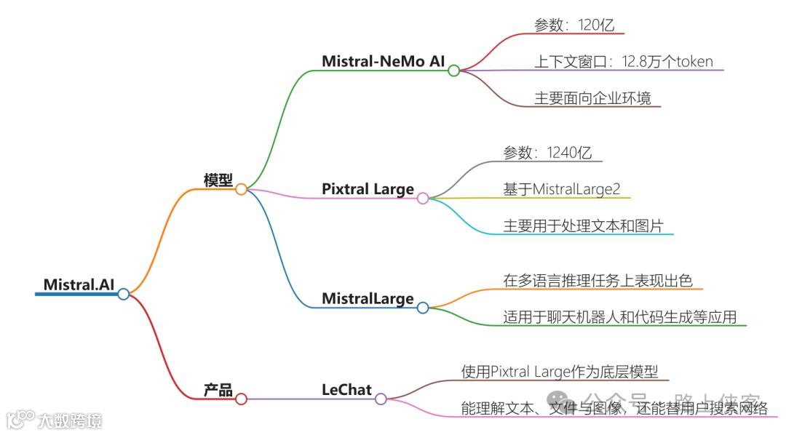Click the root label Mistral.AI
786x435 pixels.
pos(79,284)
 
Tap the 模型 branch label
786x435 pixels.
pos(218,180)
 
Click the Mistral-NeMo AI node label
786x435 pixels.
pos(383,61)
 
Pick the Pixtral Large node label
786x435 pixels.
pos(368,189)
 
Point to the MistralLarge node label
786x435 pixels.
pos(368,298)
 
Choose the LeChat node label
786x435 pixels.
pos(346,390)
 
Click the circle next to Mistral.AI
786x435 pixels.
pos(124,294)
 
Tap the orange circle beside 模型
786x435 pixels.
pos(241,189)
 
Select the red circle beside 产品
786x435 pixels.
pos(241,399)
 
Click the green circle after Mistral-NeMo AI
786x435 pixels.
pos(453,71)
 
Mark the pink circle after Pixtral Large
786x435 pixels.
pos(423,198)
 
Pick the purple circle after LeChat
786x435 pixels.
pos(381,399)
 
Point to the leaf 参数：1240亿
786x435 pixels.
pos(547,152)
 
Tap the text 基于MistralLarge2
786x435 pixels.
pos(562,189)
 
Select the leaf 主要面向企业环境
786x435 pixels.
pos(592,97)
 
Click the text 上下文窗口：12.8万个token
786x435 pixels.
pos(622,61)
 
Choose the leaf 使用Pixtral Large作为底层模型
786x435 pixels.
pos(560,372)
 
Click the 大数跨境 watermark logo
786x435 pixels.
pos(55,419)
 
